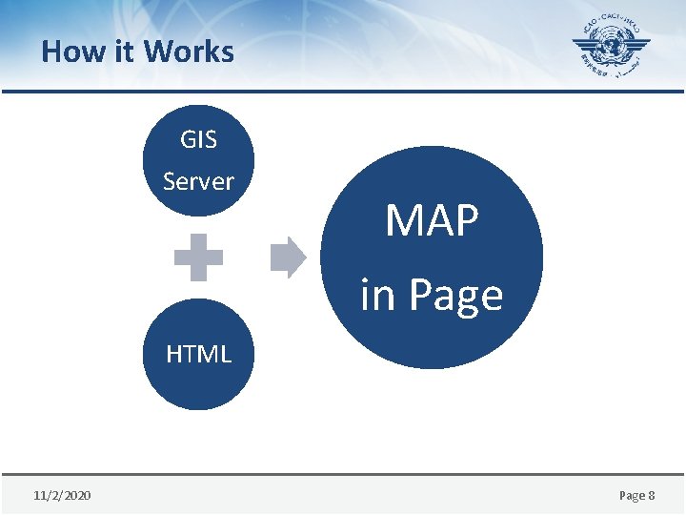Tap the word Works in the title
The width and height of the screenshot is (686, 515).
point(190,51)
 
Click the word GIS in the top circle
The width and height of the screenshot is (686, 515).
point(198,139)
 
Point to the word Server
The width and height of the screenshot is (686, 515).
point(198,180)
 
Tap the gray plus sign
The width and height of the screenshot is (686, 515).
point(198,257)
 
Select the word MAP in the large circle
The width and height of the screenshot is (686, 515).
point(432,220)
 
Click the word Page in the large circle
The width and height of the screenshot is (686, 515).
point(454,296)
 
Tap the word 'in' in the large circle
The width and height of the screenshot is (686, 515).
point(377,295)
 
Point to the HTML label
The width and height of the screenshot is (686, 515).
point(198,355)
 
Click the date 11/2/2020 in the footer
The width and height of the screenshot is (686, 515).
point(62,496)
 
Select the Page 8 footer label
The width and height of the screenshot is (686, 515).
point(637,496)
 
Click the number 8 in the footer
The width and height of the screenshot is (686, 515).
point(651,496)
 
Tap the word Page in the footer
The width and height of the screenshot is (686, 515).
point(632,496)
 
